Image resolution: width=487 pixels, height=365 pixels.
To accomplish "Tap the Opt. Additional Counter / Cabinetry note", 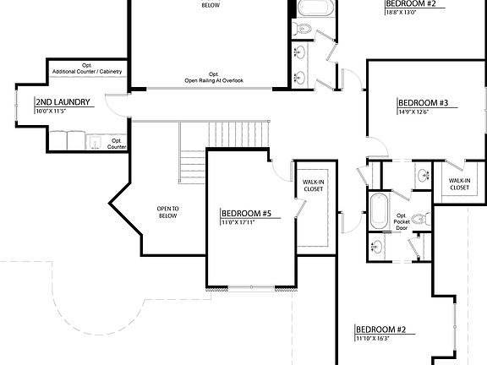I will click(86, 69).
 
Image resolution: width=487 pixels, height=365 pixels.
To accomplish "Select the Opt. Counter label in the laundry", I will click(117, 144).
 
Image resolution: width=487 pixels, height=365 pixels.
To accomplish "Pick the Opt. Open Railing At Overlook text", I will click(214, 77).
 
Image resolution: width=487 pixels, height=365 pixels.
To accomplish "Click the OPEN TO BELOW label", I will click(168, 212).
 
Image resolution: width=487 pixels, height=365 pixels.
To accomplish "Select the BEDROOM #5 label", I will click(246, 213).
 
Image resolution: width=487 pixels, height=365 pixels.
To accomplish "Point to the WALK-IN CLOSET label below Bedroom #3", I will click(459, 184).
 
